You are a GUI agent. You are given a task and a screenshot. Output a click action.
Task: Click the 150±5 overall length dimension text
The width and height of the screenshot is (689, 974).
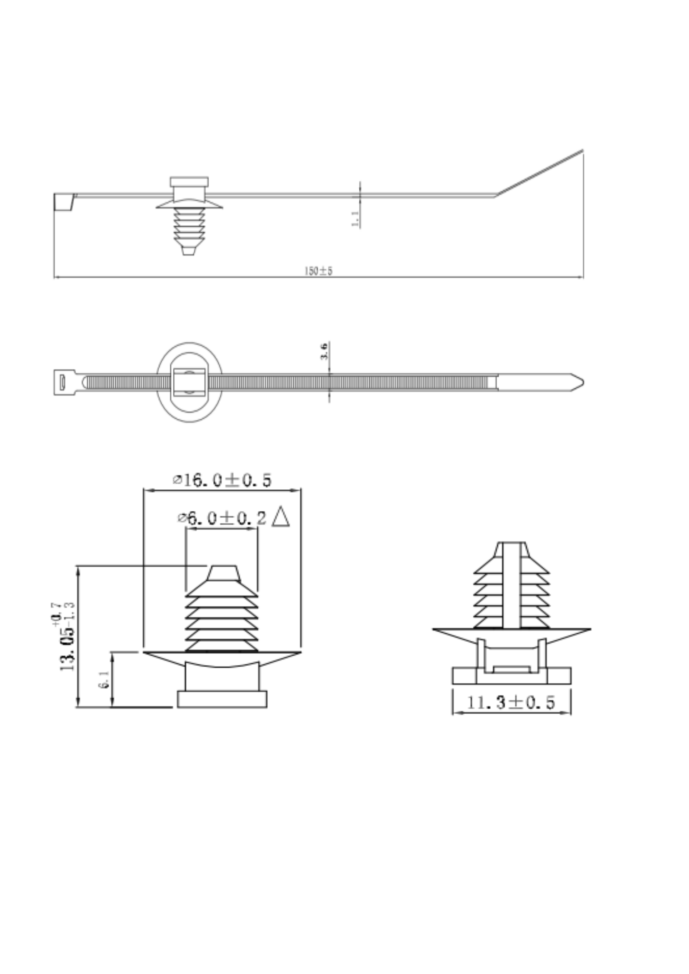[319, 271]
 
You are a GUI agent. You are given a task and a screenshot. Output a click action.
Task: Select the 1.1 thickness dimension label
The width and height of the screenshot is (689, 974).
[355, 219]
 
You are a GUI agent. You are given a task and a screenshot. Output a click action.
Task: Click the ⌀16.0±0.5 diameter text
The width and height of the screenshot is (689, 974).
[222, 480]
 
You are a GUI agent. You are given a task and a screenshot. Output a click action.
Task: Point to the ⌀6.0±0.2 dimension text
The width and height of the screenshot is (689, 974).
[222, 518]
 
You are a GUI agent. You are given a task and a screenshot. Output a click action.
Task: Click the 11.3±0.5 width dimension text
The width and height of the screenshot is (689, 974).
[511, 702]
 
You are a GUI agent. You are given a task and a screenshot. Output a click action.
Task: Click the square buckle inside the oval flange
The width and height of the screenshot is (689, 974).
[189, 382]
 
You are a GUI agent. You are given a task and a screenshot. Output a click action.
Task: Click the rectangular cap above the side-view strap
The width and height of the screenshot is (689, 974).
[189, 182]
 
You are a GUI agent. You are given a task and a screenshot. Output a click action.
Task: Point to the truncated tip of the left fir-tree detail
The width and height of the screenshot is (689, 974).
[224, 573]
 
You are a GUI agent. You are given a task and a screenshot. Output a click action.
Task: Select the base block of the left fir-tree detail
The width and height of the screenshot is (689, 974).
[222, 699]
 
